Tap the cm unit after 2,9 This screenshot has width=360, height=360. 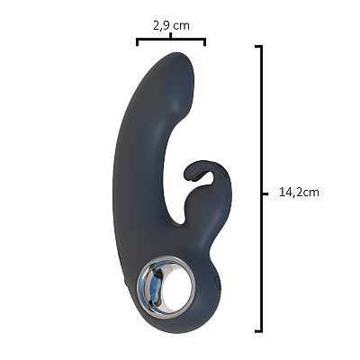(182, 26)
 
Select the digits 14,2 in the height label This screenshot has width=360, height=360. (290, 192)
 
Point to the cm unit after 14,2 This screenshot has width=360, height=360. (310, 193)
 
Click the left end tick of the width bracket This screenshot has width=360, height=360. (137, 41)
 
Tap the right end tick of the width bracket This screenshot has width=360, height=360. (204, 41)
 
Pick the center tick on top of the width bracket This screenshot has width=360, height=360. (171, 36)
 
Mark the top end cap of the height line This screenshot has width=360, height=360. (259, 47)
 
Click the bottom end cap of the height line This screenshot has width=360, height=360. (259, 331)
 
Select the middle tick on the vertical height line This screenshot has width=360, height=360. (265, 194)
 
